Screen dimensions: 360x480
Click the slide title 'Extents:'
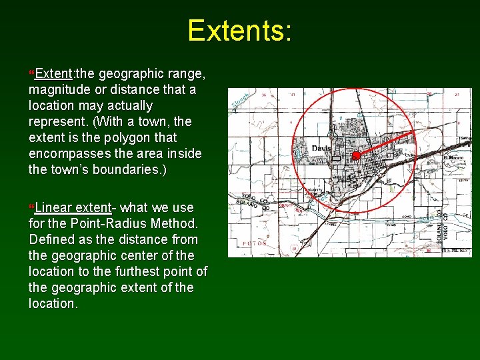(239, 31)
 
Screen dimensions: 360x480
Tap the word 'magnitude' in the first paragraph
(59, 89)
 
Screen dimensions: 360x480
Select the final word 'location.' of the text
(53, 303)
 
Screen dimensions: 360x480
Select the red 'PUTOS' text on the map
(255, 243)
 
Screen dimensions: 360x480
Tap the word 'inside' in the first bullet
(184, 153)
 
